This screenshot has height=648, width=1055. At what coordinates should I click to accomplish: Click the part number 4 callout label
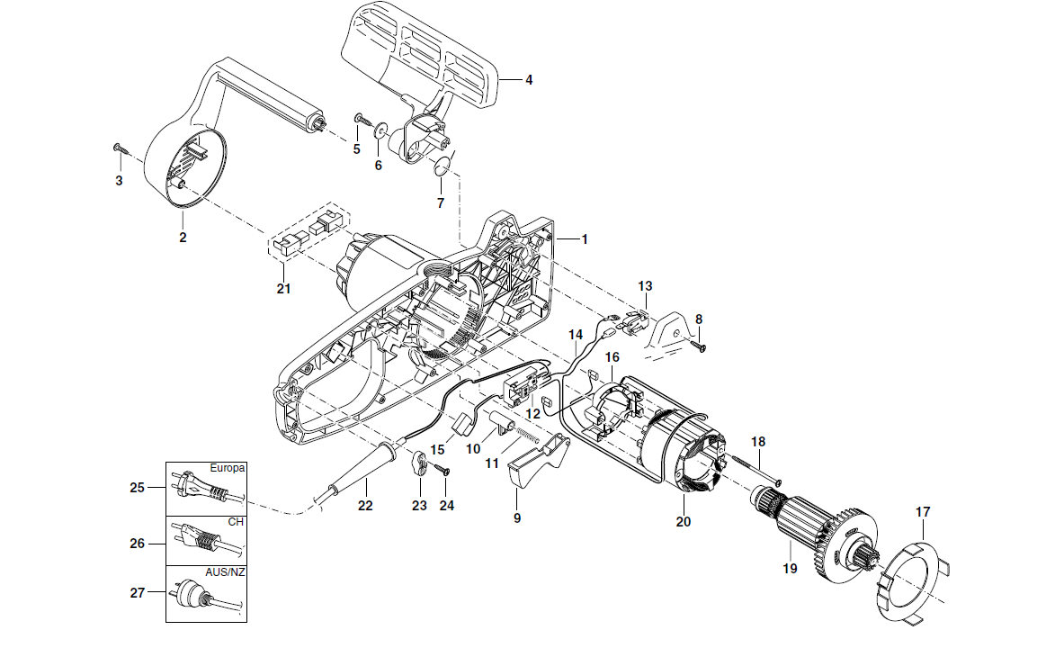pyautogui.click(x=529, y=80)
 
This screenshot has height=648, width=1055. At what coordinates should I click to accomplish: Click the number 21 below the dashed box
pyautogui.click(x=284, y=288)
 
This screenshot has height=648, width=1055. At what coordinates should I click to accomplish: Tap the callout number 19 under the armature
pyautogui.click(x=791, y=569)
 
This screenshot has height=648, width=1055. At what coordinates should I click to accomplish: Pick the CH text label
pyautogui.click(x=236, y=522)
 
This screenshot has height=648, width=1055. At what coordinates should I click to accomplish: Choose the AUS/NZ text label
pyautogui.click(x=224, y=573)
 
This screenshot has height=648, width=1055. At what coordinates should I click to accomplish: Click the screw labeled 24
pyautogui.click(x=442, y=469)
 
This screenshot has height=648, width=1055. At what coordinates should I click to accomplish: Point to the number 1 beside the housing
pyautogui.click(x=584, y=239)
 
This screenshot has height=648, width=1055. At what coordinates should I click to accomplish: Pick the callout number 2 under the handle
pyautogui.click(x=183, y=238)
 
